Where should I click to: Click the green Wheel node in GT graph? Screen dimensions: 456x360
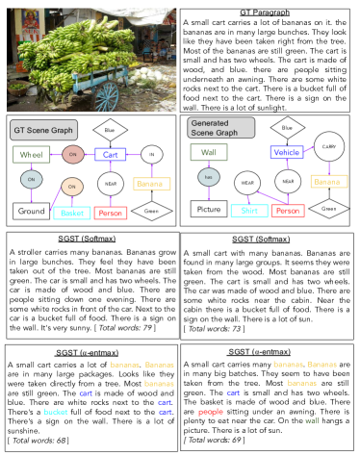coord(32,154)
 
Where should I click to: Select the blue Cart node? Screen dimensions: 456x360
coord(111,154)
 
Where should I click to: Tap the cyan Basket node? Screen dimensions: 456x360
coord(71,213)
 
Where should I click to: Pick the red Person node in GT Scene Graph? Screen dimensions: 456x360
coord(111,213)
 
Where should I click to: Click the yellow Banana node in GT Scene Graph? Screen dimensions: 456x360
coord(151,184)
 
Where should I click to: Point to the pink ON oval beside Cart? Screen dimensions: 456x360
coord(73,154)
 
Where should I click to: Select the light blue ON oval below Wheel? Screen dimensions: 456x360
coord(32,179)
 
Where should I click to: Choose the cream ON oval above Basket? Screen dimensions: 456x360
coord(72,187)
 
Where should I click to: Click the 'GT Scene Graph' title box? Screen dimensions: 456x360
coord(42,129)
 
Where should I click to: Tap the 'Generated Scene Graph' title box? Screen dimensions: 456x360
coord(220,128)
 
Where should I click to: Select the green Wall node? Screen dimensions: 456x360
coord(209,152)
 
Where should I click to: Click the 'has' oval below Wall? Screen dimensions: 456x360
coord(209,177)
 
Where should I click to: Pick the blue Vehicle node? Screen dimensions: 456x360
coord(287,152)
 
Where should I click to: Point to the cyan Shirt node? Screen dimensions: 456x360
coord(249,211)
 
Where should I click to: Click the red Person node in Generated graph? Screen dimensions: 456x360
coord(288,211)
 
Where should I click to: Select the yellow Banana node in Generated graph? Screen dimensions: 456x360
coord(328,181)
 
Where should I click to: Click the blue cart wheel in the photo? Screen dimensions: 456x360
coord(108,96)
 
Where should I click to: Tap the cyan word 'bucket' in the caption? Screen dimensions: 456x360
coord(56,412)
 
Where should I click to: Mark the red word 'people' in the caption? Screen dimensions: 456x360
coord(211,412)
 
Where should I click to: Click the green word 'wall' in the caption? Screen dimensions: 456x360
coord(312,420)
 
